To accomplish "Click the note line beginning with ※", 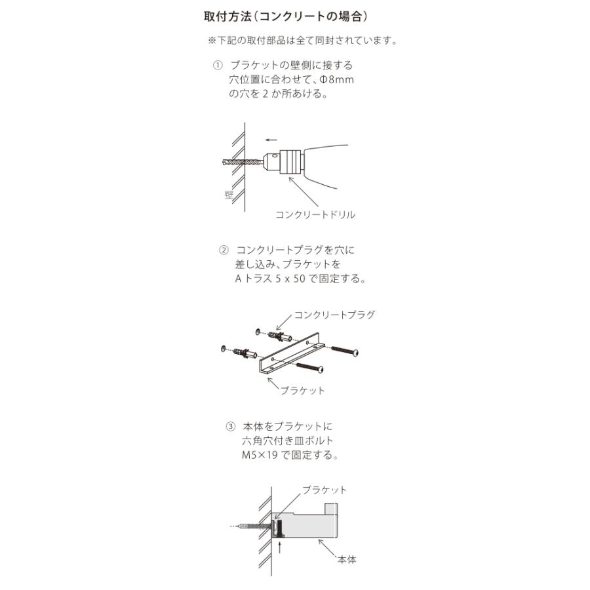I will coord(302,41).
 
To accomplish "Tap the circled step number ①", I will coord(218,66).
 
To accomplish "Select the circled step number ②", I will coord(224,250).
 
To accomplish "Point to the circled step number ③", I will coord(230,426).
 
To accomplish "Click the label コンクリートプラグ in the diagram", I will coord(334,315).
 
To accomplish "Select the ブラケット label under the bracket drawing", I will coord(302,390).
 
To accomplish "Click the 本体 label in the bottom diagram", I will coord(347,560).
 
